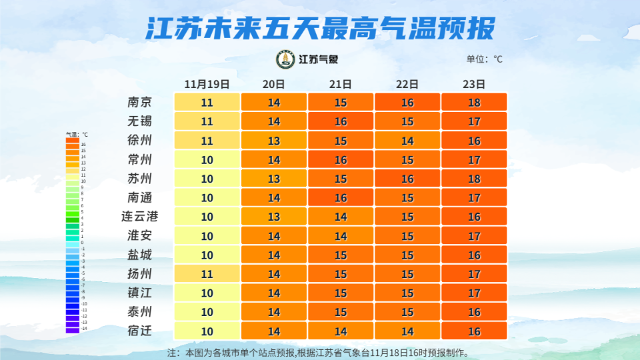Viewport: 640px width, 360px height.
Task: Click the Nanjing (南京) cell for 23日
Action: [x=474, y=103]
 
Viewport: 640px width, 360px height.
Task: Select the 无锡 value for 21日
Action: [x=341, y=121]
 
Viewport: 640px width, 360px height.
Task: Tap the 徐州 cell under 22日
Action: [x=407, y=141]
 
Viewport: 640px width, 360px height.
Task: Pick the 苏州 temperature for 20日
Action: [x=274, y=179]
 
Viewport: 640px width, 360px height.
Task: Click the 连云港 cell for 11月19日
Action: [x=207, y=217]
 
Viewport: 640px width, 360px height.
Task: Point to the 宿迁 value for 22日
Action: [x=407, y=331]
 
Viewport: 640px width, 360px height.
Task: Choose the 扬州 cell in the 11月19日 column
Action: [x=207, y=274]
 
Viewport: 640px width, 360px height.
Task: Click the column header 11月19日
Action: [x=207, y=84]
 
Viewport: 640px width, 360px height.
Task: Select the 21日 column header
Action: [x=341, y=84]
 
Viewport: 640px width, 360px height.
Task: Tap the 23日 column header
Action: [x=474, y=84]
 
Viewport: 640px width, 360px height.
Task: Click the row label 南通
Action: [x=140, y=197]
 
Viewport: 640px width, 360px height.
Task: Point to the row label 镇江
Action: [x=140, y=293]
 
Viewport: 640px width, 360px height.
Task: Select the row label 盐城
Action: [x=140, y=255]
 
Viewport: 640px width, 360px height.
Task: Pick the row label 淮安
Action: [x=140, y=235]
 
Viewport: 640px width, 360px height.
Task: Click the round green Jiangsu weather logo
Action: [x=285, y=59]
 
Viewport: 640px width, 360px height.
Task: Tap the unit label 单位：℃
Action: [x=485, y=59]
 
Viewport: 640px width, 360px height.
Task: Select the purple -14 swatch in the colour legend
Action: [x=72, y=329]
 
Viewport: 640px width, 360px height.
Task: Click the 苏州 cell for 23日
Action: [x=474, y=179]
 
